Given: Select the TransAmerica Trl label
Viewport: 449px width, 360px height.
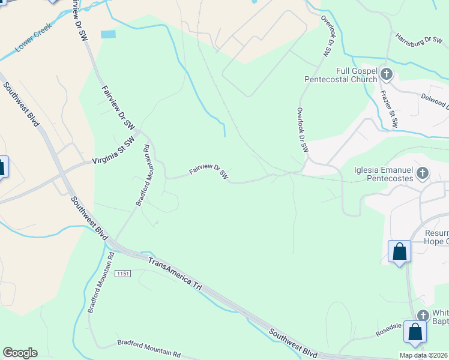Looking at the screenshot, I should pos(175,274).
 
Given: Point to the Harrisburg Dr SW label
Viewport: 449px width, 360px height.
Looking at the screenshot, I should pos(418,40).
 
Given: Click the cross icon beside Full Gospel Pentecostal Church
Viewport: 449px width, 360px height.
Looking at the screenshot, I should pos(387,74).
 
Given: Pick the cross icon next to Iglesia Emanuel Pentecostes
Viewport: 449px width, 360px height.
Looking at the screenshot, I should pos(423,174).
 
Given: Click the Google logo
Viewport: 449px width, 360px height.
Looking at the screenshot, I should pos(20,353).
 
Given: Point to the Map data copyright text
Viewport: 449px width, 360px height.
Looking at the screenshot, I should pos(424,355).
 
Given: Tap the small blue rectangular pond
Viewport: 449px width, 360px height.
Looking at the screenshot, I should pos(108,34).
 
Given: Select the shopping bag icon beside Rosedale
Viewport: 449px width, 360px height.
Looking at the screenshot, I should pos(415,332).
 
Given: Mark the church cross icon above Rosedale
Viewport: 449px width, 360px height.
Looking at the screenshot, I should pos(423,315).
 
